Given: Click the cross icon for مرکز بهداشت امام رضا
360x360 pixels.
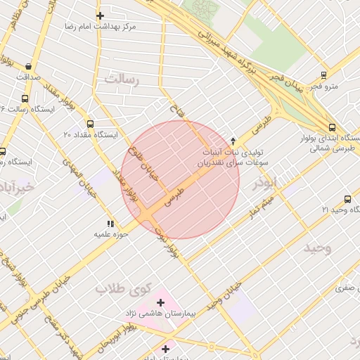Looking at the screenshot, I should [101, 15].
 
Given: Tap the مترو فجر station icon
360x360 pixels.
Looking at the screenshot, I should [323, 75].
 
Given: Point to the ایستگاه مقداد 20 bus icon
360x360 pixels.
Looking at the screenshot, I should [90, 124].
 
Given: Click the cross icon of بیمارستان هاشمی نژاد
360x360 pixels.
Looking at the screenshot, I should [161, 302].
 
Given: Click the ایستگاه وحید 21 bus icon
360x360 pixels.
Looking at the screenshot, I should [347, 200].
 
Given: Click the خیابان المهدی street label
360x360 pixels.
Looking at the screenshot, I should [77, 172].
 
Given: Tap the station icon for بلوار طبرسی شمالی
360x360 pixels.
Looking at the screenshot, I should [331, 127].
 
